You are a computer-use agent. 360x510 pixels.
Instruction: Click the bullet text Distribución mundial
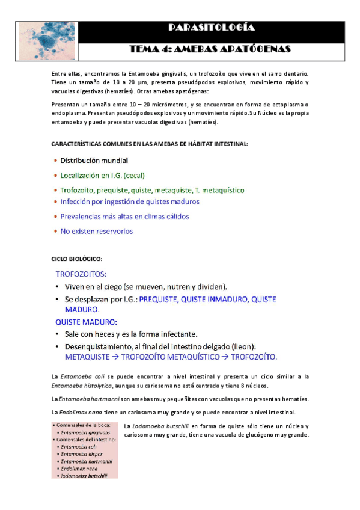94,161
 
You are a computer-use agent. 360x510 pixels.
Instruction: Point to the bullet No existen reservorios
97,231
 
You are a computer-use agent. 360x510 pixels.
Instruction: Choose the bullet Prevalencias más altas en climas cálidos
124,217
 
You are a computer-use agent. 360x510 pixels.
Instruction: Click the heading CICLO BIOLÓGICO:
77,259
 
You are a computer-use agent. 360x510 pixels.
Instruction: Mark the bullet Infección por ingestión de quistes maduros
130,202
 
